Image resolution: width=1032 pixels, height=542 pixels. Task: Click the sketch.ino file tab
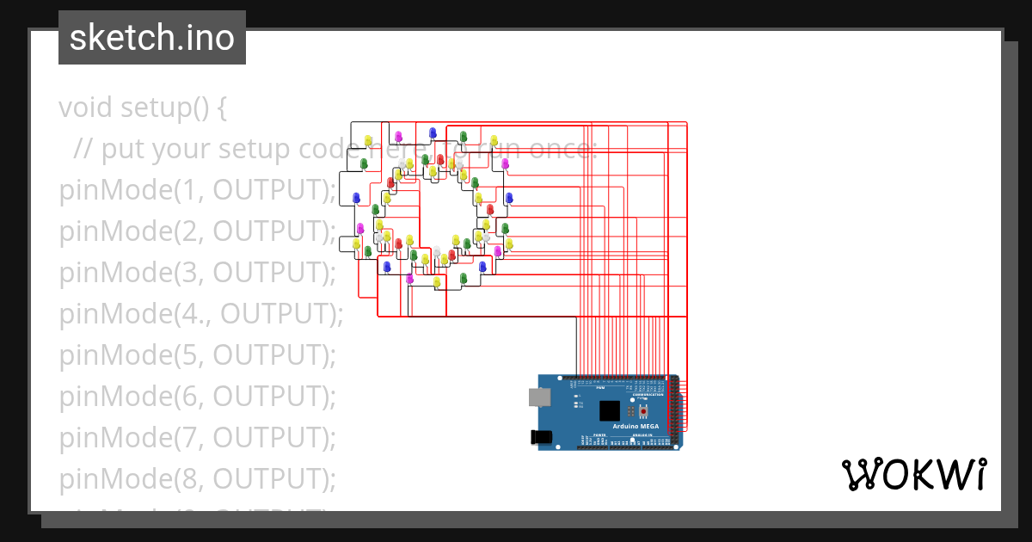pos(152,38)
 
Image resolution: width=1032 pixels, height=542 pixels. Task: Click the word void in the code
pos(86,108)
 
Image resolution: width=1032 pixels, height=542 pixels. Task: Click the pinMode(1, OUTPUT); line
pos(197,190)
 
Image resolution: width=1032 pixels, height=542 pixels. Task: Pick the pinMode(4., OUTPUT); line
pos(200,314)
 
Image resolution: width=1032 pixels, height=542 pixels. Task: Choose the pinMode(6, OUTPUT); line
pos(197,397)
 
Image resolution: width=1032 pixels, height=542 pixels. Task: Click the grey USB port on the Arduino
pos(540,396)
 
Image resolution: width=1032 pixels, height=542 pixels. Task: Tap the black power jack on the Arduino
pos(543,437)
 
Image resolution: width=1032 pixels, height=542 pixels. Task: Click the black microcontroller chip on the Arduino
pos(610,410)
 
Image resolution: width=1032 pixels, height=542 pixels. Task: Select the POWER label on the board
pos(599,436)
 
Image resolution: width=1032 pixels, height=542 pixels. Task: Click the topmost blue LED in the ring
pos(433,132)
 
